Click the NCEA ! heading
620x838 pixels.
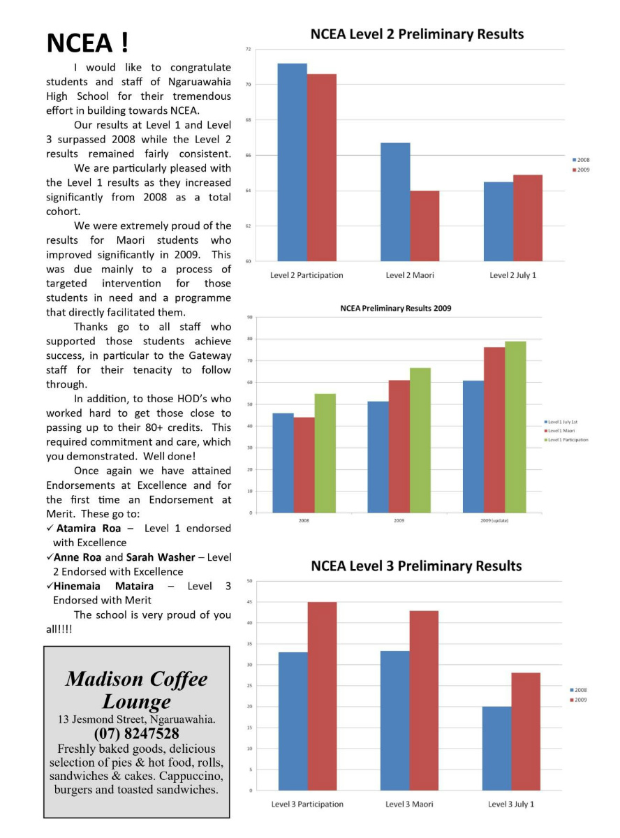click(x=87, y=43)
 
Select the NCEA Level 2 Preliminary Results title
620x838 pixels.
click(x=417, y=34)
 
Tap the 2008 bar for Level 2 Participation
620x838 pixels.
click(x=292, y=162)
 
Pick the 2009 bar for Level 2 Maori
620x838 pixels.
click(x=425, y=226)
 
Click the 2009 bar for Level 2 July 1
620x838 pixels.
click(x=527, y=218)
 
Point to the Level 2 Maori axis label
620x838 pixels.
click(x=410, y=275)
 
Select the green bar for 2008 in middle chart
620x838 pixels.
click(x=325, y=453)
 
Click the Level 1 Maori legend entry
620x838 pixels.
click(x=564, y=431)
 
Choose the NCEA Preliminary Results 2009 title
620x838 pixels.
click(x=396, y=308)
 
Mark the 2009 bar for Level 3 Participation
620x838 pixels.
click(x=322, y=696)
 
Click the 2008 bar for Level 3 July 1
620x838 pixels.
click(x=496, y=748)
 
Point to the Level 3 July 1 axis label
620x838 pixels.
click(x=511, y=804)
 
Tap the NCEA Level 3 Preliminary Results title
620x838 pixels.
click(x=416, y=566)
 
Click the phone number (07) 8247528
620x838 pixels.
click(x=136, y=734)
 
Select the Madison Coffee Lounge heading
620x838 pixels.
click(x=137, y=690)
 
